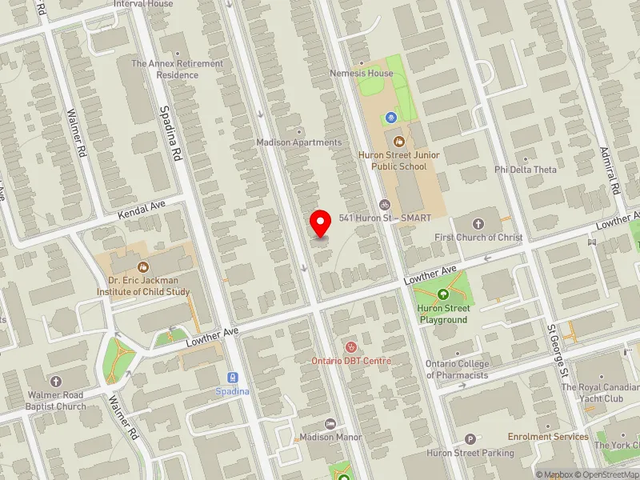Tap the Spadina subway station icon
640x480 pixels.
click(232, 378)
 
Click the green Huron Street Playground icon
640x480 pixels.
click(443, 295)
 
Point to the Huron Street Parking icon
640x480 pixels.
click(470, 439)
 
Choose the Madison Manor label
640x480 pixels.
click(330, 437)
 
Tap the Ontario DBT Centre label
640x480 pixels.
click(350, 361)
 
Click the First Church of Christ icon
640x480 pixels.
click(478, 223)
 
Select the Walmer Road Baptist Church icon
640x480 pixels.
click(55, 381)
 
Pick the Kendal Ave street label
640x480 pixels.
click(141, 210)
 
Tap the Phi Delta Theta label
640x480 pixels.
click(526, 170)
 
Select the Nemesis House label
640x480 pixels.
click(362, 73)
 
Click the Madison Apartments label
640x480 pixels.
click(298, 142)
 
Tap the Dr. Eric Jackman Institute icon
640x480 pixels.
click(143, 266)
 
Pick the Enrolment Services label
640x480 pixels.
click(548, 437)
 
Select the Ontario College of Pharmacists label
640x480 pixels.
click(457, 370)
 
